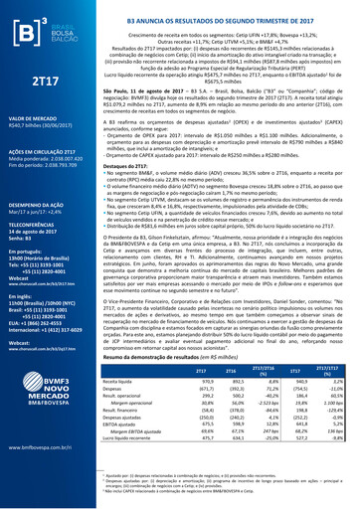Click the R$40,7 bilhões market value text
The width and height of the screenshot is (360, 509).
(x=41, y=127)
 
